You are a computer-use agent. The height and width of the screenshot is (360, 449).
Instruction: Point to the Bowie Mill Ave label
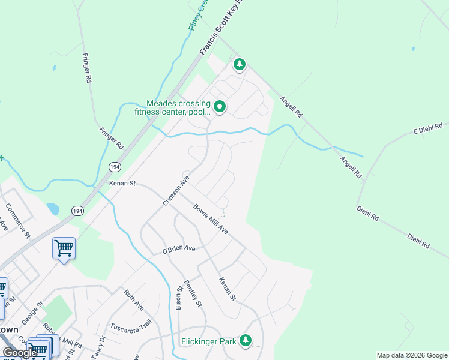(x=211, y=219)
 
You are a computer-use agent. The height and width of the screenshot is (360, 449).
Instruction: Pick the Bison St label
(x=179, y=297)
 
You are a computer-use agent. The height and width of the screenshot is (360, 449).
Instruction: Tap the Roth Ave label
(x=134, y=300)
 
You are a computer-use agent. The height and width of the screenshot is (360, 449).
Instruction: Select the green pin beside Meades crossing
(x=220, y=107)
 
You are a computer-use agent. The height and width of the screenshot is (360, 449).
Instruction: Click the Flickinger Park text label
(x=208, y=343)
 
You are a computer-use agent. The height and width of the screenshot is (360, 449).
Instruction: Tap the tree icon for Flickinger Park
(x=245, y=340)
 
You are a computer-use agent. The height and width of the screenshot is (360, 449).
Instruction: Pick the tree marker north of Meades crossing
(x=240, y=64)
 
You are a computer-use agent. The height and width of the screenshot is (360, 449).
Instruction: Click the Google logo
(x=20, y=353)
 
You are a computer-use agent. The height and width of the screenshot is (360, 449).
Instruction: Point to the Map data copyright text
(x=412, y=355)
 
